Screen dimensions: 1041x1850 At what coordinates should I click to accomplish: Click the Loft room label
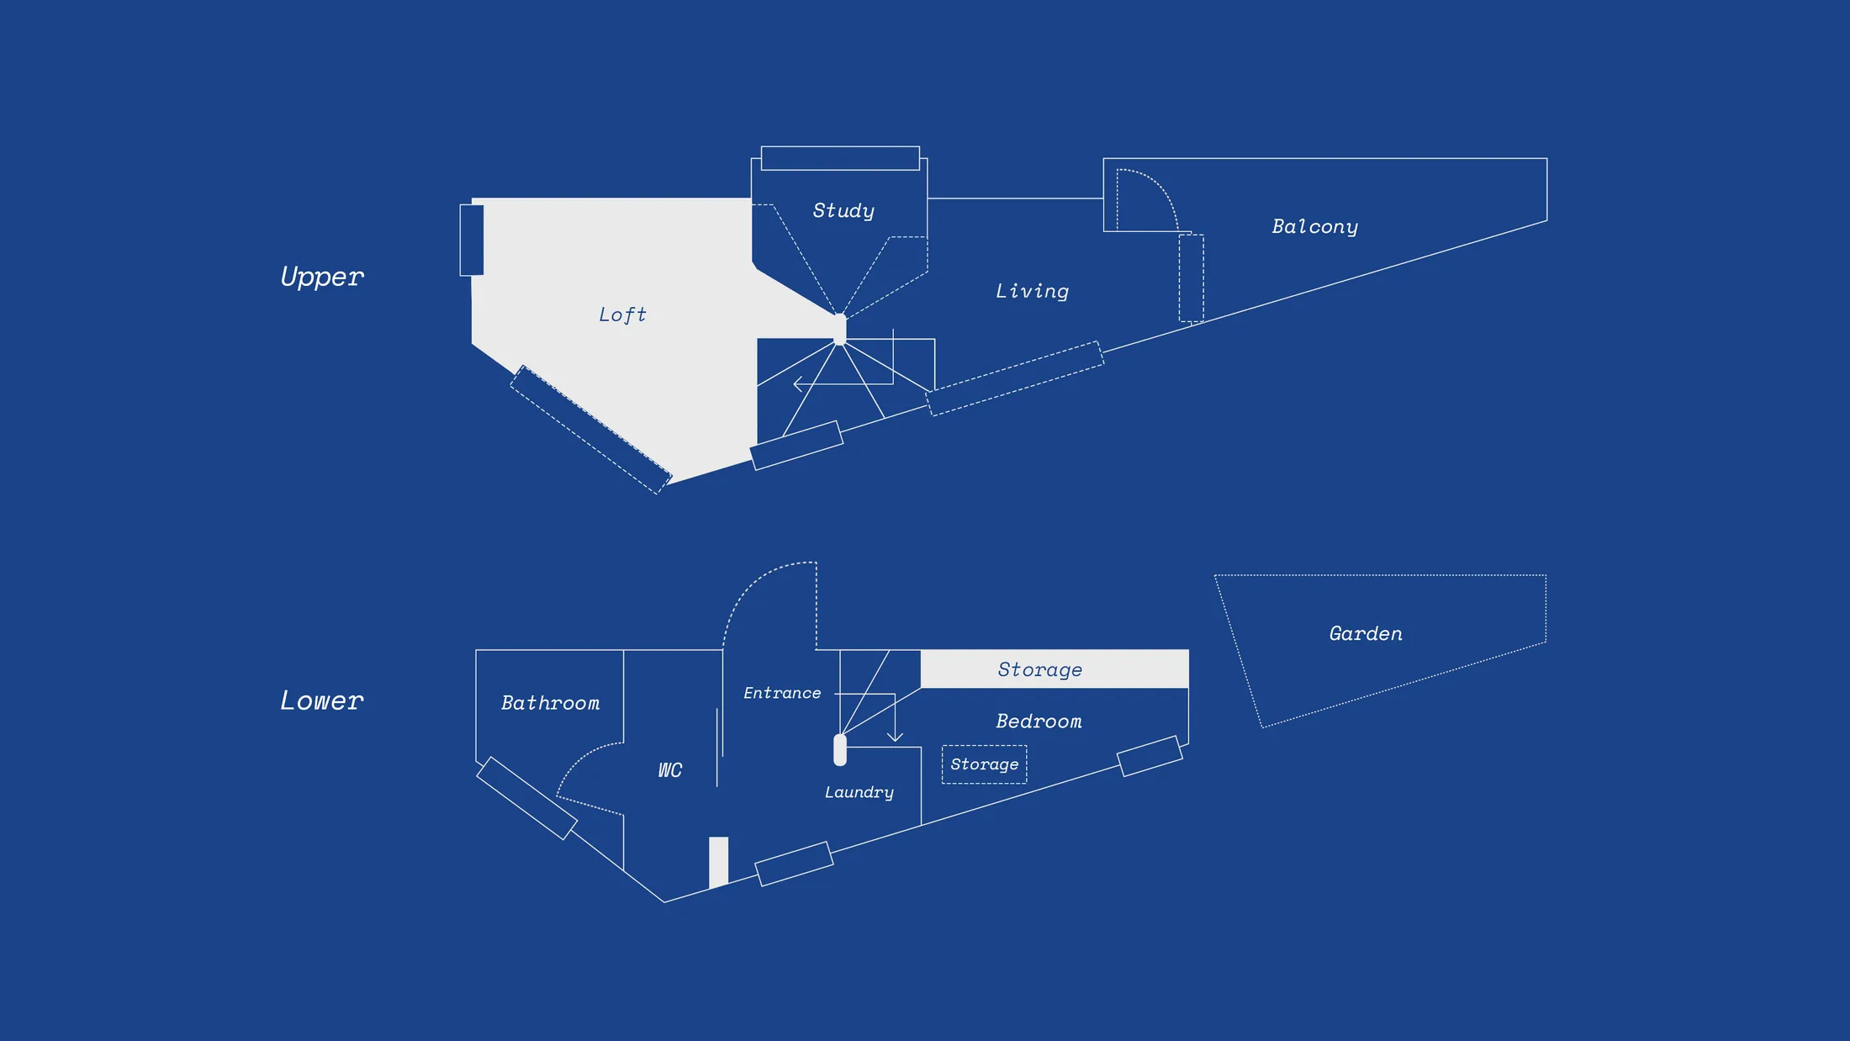click(622, 314)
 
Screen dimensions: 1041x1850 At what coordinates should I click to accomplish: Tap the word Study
click(843, 210)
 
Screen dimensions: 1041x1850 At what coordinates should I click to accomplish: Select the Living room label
click(1032, 291)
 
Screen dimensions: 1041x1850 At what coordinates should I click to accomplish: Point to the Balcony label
click(1314, 226)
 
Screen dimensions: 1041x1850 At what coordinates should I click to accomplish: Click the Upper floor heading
click(322, 277)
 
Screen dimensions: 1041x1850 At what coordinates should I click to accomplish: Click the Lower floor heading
click(322, 700)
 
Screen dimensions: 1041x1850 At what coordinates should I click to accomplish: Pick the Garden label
click(1366, 633)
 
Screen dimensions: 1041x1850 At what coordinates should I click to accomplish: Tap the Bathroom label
click(550, 703)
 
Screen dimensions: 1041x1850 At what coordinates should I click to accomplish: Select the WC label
click(670, 770)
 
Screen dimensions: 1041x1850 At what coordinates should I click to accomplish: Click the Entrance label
click(782, 693)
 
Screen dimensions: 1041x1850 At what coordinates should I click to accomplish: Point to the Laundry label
click(859, 792)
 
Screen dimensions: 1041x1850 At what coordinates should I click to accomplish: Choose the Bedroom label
click(1039, 721)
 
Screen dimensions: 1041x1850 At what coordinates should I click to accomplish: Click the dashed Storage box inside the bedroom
click(984, 764)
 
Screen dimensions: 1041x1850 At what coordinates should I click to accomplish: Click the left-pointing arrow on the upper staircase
click(798, 384)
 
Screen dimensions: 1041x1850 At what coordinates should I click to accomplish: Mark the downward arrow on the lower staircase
click(895, 737)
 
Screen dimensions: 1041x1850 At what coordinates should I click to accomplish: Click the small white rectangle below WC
click(718, 861)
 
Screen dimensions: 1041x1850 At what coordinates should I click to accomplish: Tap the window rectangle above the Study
click(840, 158)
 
